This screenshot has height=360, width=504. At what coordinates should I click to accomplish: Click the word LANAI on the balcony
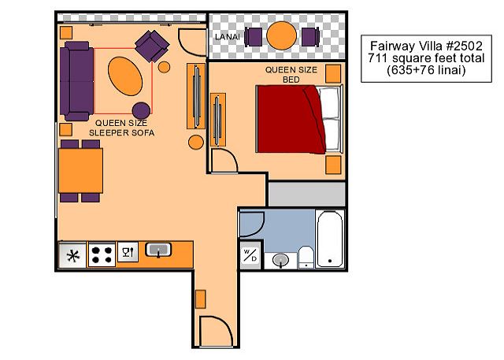tap(228, 37)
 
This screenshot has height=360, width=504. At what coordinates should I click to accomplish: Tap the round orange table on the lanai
tap(282, 35)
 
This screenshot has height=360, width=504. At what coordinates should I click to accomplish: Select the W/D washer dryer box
tap(250, 255)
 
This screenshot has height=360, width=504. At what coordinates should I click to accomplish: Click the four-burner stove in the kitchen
tap(102, 254)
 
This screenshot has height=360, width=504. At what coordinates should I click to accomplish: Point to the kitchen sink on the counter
tap(158, 250)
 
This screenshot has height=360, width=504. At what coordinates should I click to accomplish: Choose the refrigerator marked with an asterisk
tap(72, 255)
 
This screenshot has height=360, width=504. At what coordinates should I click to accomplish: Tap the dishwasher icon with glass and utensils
tap(128, 252)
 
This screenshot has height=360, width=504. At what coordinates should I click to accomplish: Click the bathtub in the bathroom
tap(330, 239)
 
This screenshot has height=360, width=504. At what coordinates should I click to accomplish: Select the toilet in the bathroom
tap(306, 257)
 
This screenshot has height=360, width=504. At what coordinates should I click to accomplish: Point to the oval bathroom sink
tap(280, 260)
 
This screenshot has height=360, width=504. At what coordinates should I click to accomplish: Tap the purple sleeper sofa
tap(76, 81)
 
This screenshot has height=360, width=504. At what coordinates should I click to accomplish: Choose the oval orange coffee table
tap(125, 76)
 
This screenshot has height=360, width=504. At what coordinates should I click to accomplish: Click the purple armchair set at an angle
tap(152, 46)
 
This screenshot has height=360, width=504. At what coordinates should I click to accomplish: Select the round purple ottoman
tap(141, 110)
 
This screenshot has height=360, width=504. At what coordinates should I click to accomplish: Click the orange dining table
tap(80, 170)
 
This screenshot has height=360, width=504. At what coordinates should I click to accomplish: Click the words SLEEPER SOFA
tap(121, 133)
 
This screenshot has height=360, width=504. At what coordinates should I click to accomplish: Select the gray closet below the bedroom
tap(307, 194)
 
